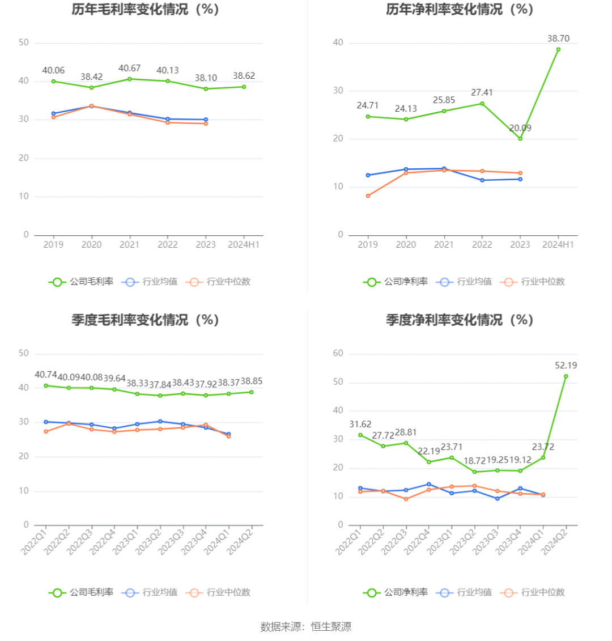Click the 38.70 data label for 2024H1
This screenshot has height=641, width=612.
tap(558, 39)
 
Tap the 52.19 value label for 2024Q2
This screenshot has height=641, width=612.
tap(566, 366)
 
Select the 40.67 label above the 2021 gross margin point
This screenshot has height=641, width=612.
tap(130, 68)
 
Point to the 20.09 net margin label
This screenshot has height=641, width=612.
tap(520, 128)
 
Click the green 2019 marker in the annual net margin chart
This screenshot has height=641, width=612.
tap(368, 116)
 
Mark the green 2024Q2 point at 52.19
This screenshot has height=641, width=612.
tap(566, 376)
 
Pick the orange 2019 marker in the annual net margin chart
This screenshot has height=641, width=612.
tap(368, 196)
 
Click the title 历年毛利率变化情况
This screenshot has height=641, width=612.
tap(145, 10)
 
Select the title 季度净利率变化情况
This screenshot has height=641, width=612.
tap(460, 320)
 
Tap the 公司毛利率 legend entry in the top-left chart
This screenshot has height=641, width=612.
tap(82, 282)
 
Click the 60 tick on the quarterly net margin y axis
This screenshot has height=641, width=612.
tap(338, 354)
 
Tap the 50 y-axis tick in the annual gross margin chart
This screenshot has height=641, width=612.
tap(24, 43)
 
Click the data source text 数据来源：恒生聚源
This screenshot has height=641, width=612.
tap(306, 626)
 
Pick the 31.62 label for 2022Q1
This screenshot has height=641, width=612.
tap(360, 424)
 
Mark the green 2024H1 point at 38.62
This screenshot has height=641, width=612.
tap(244, 87)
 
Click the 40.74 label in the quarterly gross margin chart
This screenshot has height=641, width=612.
tap(46, 375)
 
